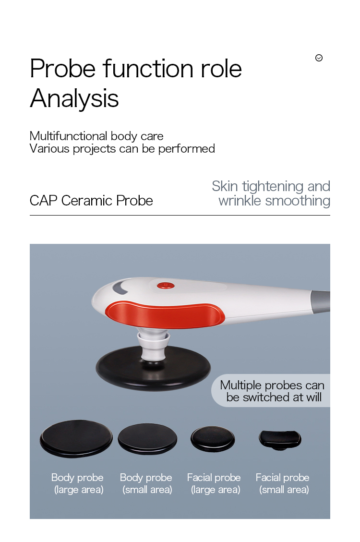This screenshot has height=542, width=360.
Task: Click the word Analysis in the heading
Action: [x=74, y=99]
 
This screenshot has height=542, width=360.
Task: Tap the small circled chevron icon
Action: [x=319, y=58]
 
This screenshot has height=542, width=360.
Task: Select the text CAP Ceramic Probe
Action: [x=91, y=200]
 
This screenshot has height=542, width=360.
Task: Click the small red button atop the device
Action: [x=166, y=285]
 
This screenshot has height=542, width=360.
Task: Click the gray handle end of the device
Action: [x=321, y=299]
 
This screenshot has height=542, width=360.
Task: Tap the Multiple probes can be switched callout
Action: [x=272, y=391]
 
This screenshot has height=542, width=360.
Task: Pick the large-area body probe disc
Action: [x=76, y=438]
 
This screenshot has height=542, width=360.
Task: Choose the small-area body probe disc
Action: [x=147, y=438]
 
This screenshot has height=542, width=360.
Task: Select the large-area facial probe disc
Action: [x=213, y=438]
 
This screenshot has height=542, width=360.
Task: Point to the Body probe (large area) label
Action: [x=77, y=483]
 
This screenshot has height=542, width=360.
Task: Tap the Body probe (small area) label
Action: [x=146, y=483]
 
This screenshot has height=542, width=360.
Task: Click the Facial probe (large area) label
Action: [x=214, y=483]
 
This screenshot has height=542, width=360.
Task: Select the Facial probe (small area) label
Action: [x=283, y=483]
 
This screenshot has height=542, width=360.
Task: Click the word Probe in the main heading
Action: [x=62, y=69]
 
